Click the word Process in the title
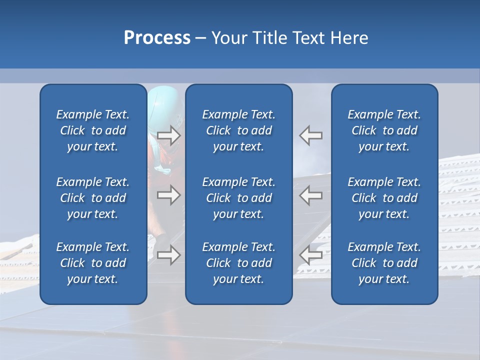[157, 38]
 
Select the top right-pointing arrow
[169, 135]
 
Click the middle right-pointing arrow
[169, 195]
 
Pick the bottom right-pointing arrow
[169, 255]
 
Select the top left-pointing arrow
[310, 135]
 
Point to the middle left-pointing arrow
[310, 195]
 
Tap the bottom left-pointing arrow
[310, 255]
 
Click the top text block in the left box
[93, 130]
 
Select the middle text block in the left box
[93, 198]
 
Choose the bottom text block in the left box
[93, 263]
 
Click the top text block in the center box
[238, 130]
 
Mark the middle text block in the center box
[238, 198]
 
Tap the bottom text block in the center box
[238, 263]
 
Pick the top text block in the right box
[384, 130]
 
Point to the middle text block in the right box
[384, 198]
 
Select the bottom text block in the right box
[384, 263]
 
